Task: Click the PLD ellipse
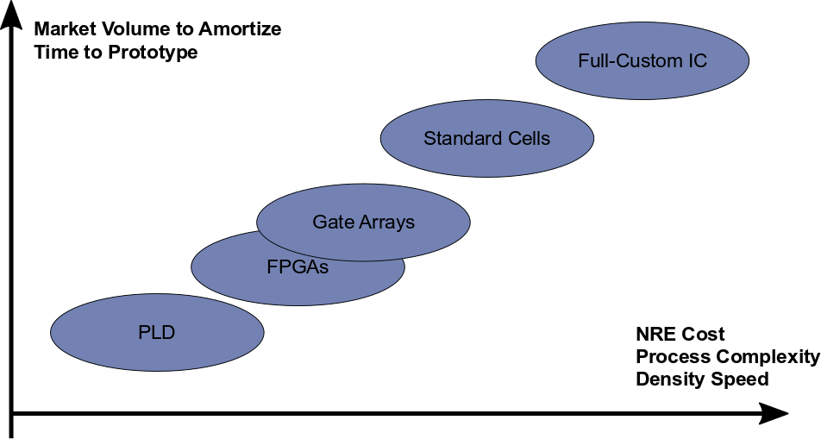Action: pos(157,332)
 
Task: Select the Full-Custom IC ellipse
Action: pos(642,60)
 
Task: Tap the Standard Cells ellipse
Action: pos(487,138)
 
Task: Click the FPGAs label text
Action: pos(298,267)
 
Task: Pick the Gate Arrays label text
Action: pos(363,223)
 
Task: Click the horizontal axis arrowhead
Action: pos(774,414)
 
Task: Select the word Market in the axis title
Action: pos(65,28)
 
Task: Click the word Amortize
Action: pos(240,28)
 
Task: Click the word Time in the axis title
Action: pos(53,53)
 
